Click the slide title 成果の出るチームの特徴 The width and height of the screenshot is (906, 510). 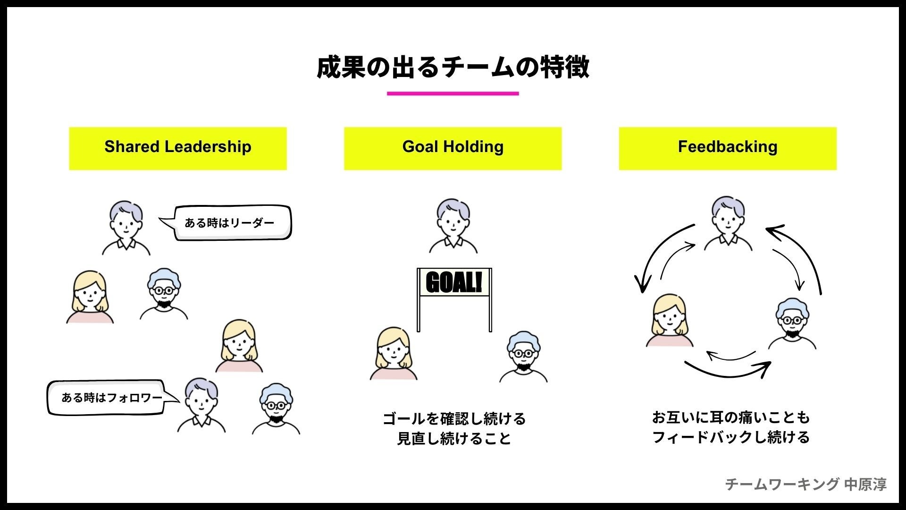[x=453, y=67]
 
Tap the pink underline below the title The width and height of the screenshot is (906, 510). [x=453, y=93]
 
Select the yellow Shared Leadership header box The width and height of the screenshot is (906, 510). [x=178, y=148]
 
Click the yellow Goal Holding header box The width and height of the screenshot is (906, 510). [x=453, y=148]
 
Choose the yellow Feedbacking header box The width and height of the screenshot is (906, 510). [x=728, y=148]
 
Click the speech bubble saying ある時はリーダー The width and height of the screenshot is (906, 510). [x=231, y=223]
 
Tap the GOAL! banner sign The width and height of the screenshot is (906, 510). [x=454, y=282]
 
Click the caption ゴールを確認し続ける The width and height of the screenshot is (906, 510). [x=454, y=418]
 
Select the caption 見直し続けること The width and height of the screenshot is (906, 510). [x=454, y=439]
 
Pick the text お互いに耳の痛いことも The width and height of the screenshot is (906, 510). [x=730, y=417]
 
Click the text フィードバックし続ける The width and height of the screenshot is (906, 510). [x=730, y=437]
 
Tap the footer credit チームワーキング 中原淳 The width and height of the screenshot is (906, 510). [x=805, y=484]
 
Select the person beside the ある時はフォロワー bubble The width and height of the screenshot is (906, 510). [x=201, y=405]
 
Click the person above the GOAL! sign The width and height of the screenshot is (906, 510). [x=453, y=226]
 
